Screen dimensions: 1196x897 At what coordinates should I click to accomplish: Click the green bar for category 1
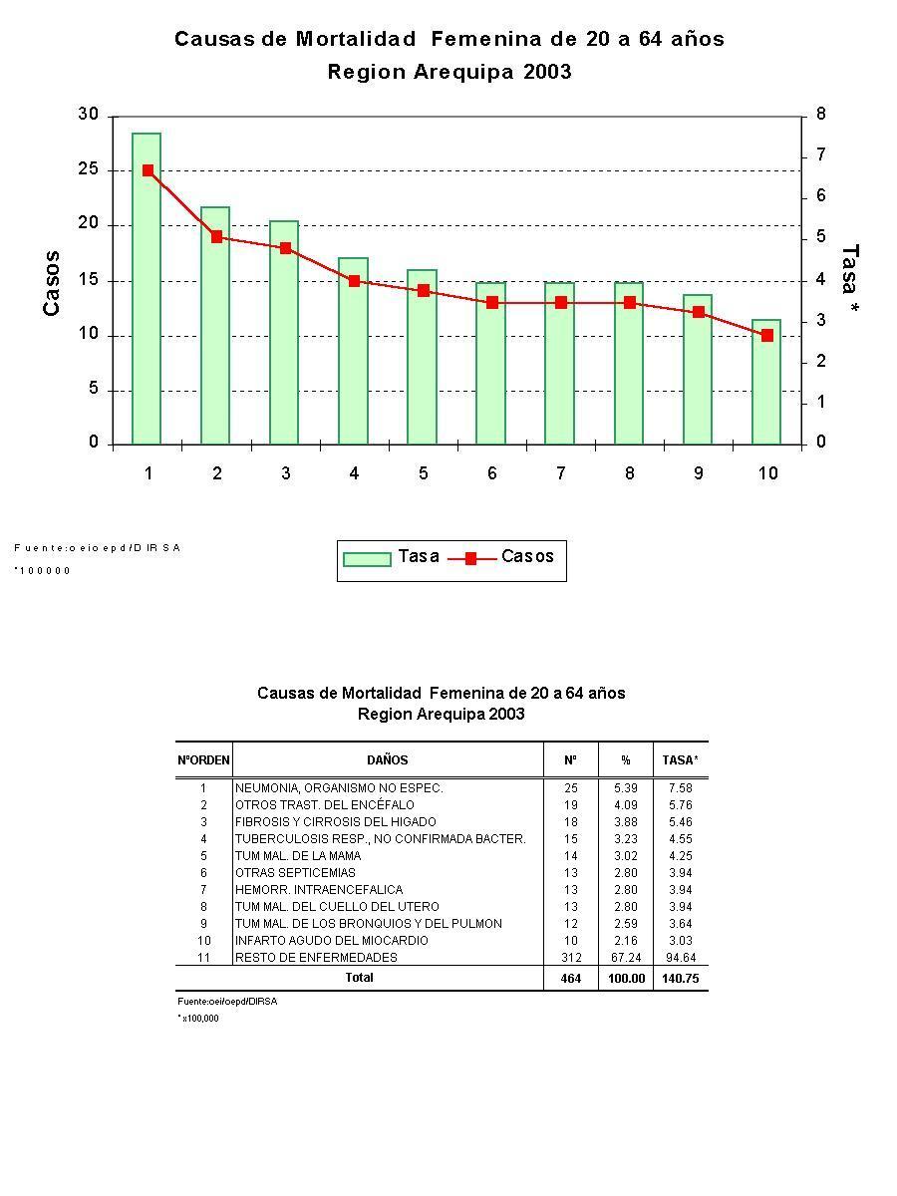point(147,289)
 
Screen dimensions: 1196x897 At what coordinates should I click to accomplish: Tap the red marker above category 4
point(354,281)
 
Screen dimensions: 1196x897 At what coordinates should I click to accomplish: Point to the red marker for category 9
point(699,312)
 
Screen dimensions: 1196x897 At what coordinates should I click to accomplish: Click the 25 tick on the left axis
point(89,169)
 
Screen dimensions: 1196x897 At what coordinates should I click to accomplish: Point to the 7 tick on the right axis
point(820,155)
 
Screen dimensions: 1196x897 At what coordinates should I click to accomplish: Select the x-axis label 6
point(492,473)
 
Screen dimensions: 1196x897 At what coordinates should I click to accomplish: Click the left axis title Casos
point(52,283)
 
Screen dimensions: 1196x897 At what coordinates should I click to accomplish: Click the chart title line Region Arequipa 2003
point(449,72)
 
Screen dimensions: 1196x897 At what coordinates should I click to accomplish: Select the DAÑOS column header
point(387,760)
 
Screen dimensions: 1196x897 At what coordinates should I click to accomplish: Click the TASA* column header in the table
point(681,760)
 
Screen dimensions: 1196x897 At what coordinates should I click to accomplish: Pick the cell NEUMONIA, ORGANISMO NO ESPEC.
point(339,788)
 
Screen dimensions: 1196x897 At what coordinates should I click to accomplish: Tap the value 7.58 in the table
point(680,788)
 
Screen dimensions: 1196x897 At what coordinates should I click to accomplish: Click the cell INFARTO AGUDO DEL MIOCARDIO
point(332,941)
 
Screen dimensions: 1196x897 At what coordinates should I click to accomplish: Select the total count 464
point(570,979)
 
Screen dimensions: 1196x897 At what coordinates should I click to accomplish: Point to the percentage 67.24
point(625,958)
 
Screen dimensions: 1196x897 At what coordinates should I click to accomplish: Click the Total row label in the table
point(359,978)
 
